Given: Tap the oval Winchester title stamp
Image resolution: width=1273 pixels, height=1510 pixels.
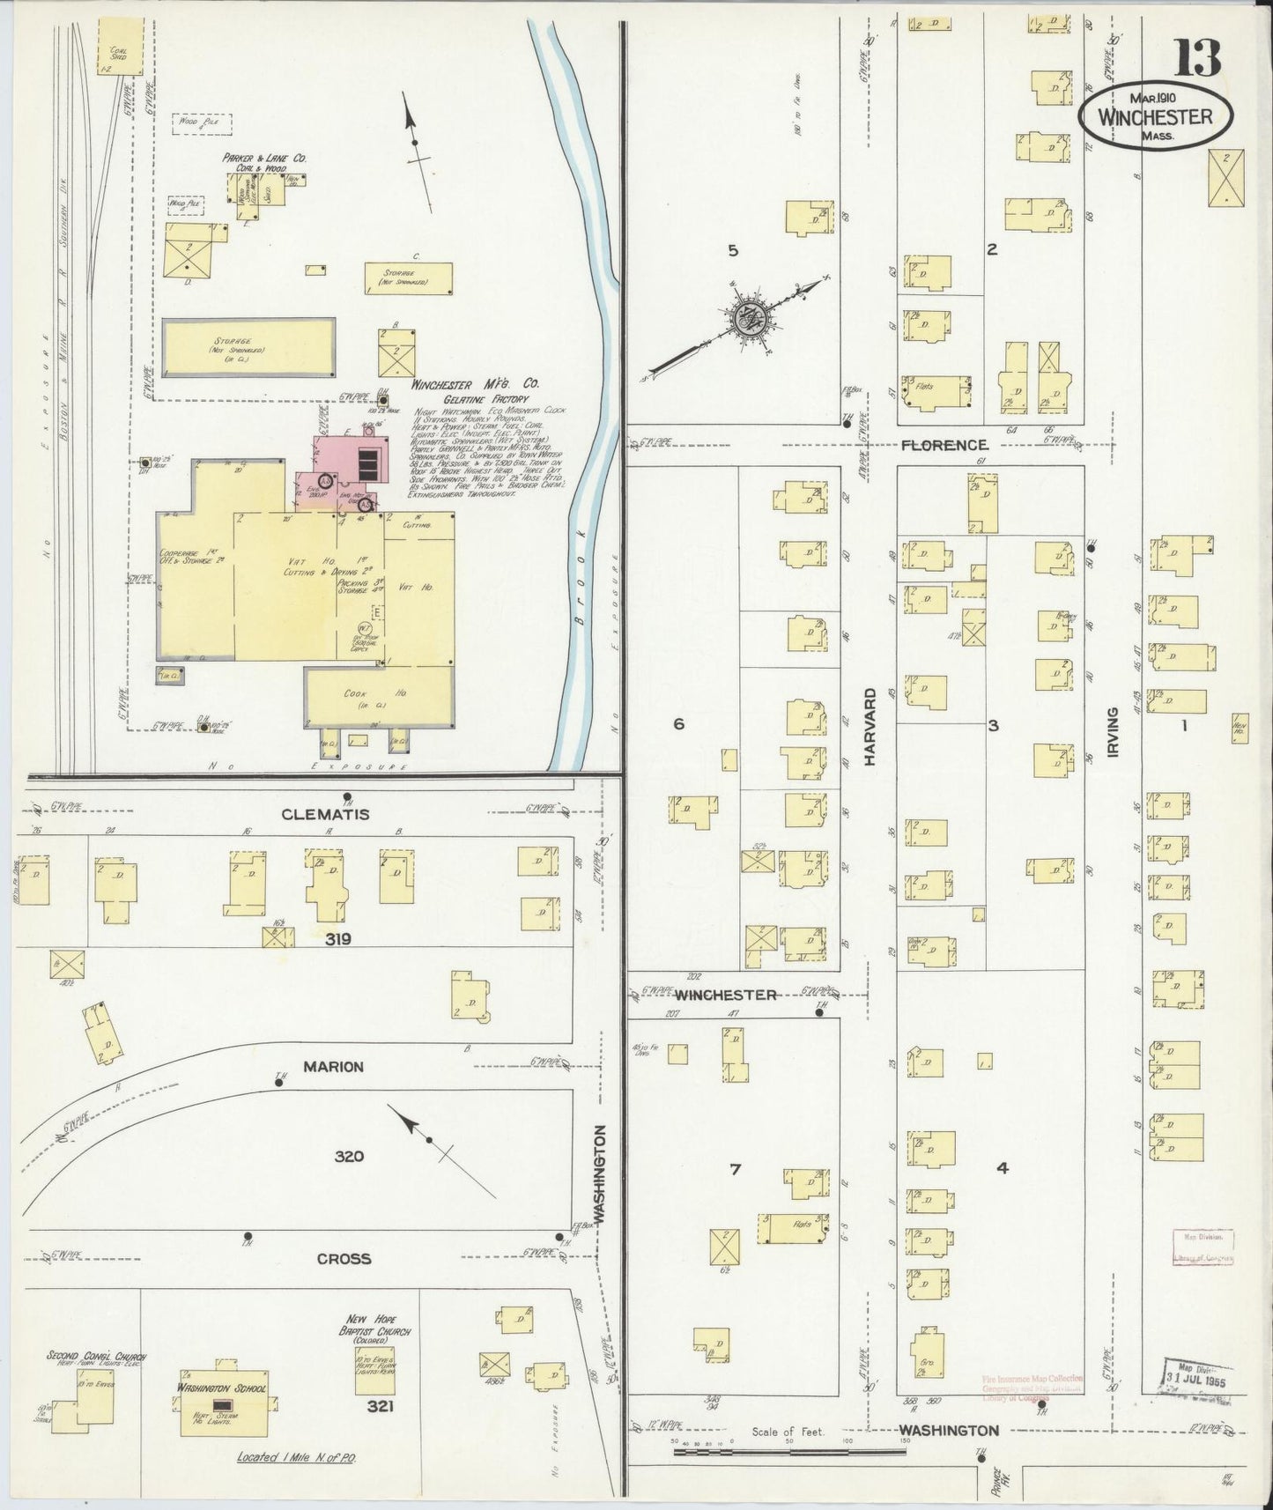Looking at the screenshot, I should tap(1155, 118).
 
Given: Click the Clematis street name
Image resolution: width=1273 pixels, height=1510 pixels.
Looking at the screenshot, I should tap(325, 815).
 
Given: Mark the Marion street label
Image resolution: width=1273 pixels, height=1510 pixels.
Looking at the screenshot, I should tap(333, 1067).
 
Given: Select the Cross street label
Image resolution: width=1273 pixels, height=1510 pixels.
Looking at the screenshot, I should tap(344, 1259).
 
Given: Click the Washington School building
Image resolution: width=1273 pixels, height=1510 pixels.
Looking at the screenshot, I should tap(224, 1411).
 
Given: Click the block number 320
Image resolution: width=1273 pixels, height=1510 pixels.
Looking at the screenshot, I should tap(349, 1156).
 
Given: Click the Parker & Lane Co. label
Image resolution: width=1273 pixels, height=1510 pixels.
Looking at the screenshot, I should tap(263, 161).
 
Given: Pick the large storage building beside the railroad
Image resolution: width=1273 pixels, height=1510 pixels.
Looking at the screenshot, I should tap(248, 346).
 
